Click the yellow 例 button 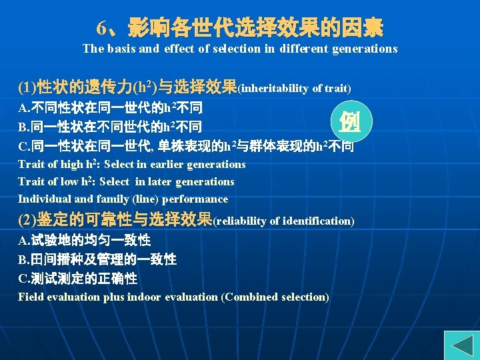pyautogui.click(x=351, y=121)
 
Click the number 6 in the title pyautogui.click(x=101, y=29)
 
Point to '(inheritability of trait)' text pyautogui.click(x=294, y=88)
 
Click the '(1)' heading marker pyautogui.click(x=27, y=87)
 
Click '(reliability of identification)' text pyautogui.click(x=283, y=221)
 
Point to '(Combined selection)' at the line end pyautogui.click(x=275, y=297)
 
